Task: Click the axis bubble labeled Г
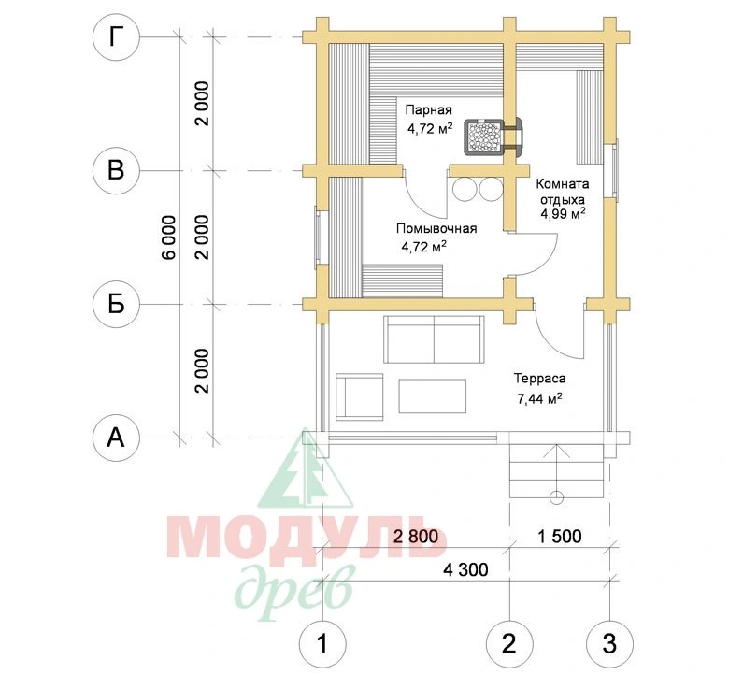[116, 37]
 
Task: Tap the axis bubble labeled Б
[116, 305]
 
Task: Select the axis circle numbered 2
[509, 644]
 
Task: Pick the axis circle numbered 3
[609, 644]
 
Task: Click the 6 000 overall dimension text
[170, 237]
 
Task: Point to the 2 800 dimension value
[416, 537]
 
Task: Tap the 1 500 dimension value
[560, 537]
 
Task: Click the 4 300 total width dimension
[465, 570]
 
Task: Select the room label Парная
[429, 109]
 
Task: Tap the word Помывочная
[436, 229]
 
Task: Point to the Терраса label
[540, 379]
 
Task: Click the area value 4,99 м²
[563, 213]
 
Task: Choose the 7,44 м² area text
[540, 398]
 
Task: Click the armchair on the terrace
[359, 396]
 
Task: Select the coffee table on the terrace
[433, 395]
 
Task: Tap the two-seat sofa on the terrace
[434, 339]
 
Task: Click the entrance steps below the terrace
[556, 471]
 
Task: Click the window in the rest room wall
[614, 170]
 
